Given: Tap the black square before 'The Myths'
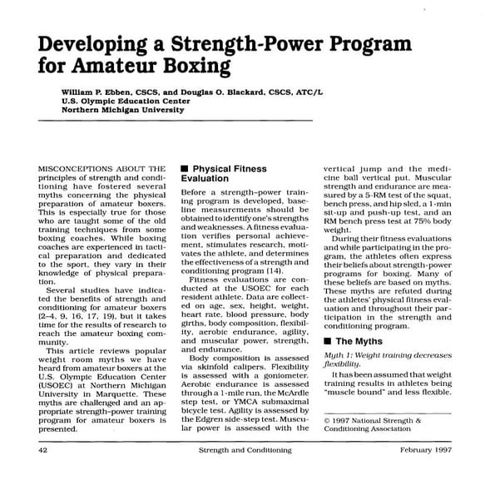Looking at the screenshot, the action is click(328, 341).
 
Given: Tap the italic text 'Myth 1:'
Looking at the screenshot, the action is click(340, 354).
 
